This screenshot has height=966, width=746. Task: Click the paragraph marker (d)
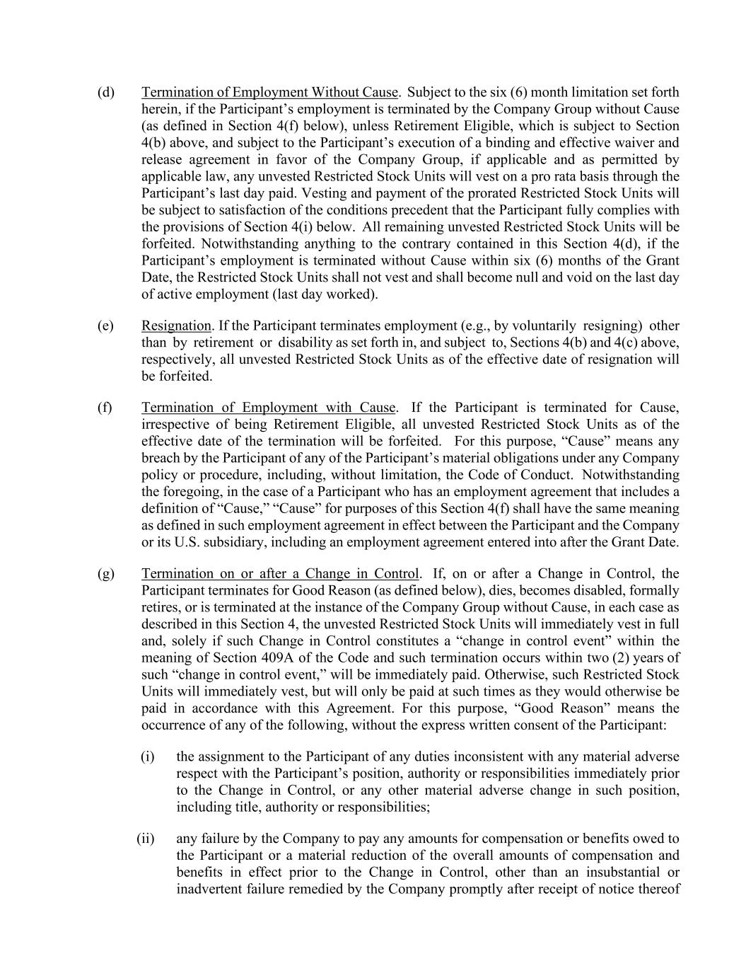click(105, 93)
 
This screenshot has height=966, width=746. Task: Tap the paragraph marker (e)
click(105, 326)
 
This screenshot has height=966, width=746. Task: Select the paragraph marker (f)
click(105, 408)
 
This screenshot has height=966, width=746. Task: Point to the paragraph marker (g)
click(105, 574)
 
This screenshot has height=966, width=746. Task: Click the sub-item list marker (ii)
click(145, 839)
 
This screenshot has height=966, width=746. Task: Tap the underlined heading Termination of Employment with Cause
click(268, 408)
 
